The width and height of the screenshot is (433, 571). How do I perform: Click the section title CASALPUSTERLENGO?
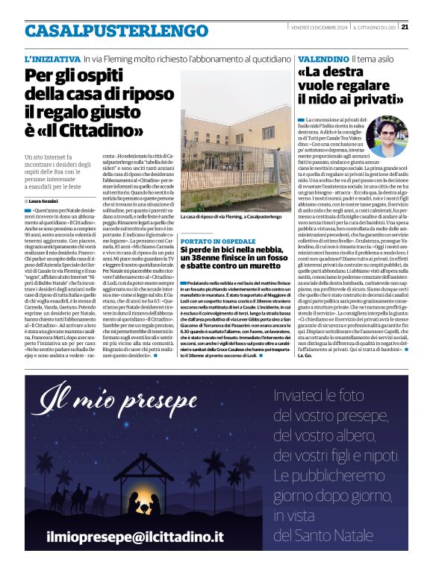pos(105,31)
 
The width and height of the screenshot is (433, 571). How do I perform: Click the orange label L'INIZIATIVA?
pos(52,58)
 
